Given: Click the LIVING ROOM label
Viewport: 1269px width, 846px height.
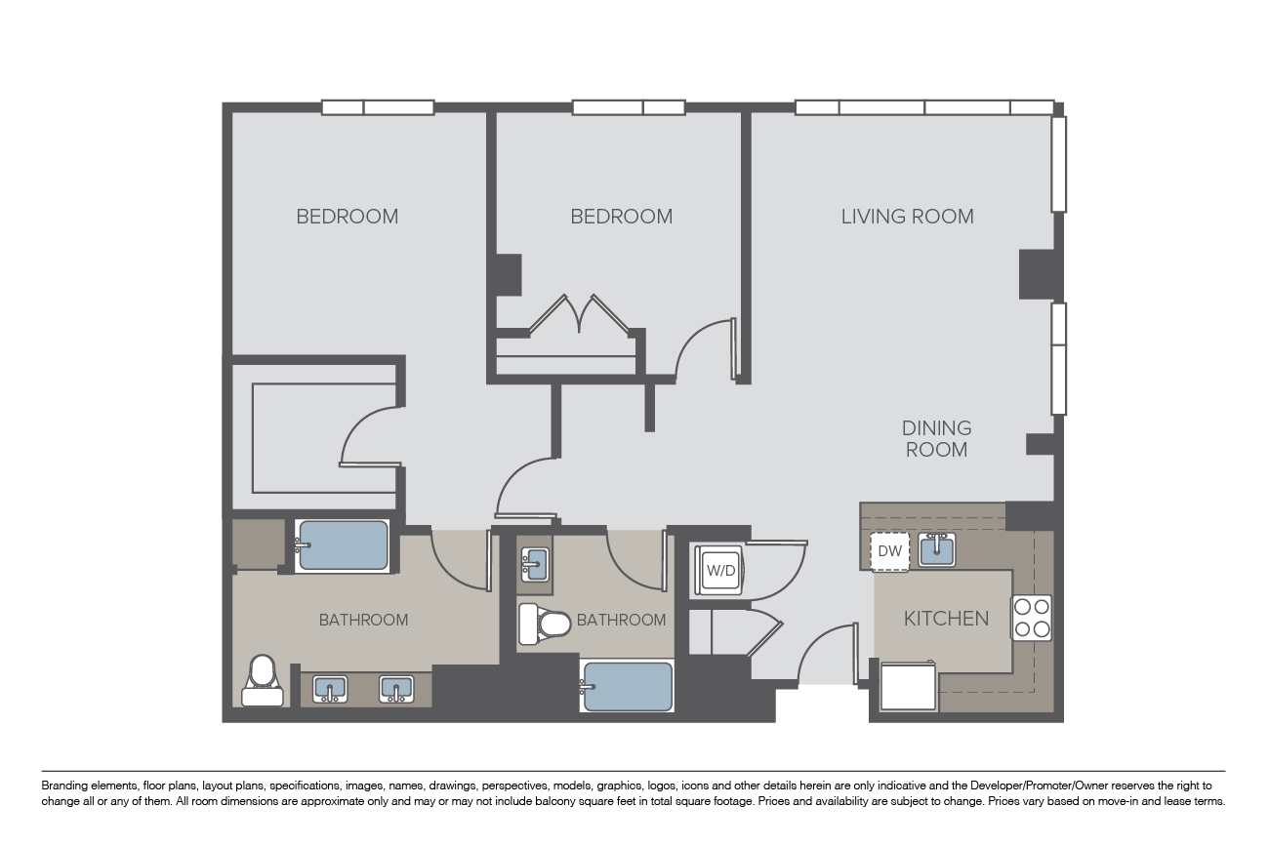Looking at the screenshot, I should click(x=907, y=217).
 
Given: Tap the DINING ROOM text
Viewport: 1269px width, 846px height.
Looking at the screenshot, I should click(x=936, y=439).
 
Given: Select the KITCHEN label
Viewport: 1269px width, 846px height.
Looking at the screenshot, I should click(x=946, y=619).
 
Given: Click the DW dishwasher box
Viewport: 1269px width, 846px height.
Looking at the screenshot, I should click(x=889, y=551).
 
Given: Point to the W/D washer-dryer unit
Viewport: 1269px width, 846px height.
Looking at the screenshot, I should click(x=720, y=571).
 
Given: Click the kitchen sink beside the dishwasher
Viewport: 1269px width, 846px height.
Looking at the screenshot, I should click(x=936, y=550).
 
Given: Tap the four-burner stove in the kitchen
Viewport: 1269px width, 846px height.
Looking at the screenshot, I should click(x=1032, y=618).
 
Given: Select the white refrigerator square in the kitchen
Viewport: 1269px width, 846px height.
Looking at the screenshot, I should click(x=909, y=686).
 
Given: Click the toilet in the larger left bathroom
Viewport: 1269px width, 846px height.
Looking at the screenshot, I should click(x=262, y=680).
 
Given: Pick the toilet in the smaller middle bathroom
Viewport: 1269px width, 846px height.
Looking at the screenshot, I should click(x=543, y=624).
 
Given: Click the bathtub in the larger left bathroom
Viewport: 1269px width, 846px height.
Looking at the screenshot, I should click(x=343, y=545).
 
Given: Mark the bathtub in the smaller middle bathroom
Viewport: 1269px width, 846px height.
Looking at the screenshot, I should click(x=627, y=687).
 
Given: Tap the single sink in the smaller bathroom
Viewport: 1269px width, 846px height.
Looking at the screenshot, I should click(x=534, y=563).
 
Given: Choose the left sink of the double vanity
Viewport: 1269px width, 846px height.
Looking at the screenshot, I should click(x=330, y=690).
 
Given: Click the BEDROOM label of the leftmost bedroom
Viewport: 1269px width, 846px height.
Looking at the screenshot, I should click(x=347, y=217).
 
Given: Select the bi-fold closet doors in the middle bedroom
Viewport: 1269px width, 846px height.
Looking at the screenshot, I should click(x=580, y=315).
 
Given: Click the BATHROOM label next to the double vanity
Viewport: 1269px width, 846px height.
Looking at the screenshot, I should click(x=363, y=620).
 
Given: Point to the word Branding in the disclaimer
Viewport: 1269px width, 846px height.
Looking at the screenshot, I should click(x=61, y=786).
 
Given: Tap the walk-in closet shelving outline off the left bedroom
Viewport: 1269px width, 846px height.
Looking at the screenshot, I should click(x=293, y=439).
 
